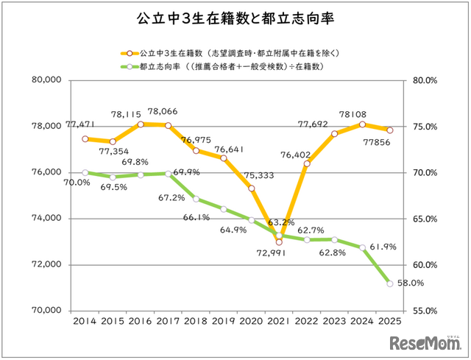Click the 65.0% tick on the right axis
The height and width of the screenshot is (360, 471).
[424, 219]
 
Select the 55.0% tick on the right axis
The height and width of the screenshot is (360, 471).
[424, 311]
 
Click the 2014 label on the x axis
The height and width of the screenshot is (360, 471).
[85, 322]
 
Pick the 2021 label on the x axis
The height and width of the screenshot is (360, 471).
[278, 322]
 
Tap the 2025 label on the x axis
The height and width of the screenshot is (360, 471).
[389, 322]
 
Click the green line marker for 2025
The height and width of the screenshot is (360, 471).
[389, 283]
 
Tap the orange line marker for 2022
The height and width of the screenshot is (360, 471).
[306, 163]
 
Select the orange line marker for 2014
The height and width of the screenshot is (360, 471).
[85, 138]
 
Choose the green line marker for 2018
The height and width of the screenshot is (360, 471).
[196, 199]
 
